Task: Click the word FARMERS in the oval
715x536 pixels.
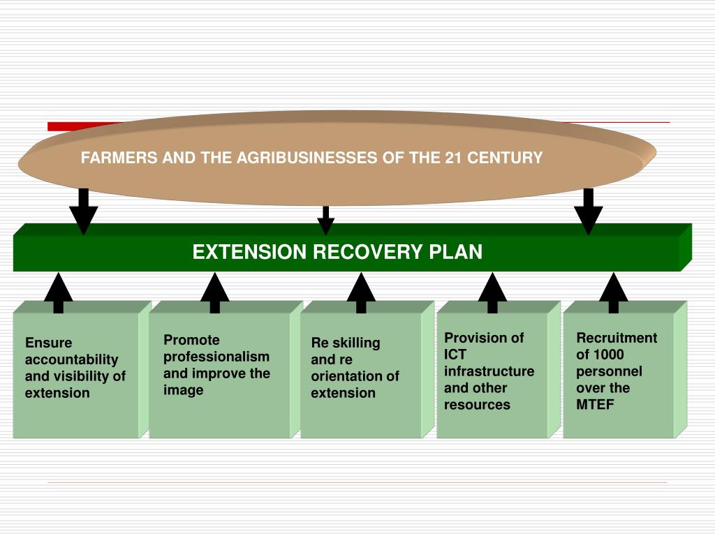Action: point(119,158)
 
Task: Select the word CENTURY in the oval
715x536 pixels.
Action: point(505,158)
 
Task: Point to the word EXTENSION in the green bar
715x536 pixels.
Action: point(249,252)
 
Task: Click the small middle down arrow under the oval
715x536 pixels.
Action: point(325,221)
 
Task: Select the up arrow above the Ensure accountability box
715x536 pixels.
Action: point(59,293)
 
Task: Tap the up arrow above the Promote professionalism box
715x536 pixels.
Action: point(215,293)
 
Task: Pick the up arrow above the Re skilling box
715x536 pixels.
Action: point(361,293)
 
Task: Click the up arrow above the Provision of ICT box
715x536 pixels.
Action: point(492,293)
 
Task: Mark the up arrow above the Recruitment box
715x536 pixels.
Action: point(614,293)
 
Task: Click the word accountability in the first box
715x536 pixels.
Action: point(72,359)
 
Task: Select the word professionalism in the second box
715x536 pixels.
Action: point(216,357)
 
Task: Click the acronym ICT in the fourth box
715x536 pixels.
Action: point(455,355)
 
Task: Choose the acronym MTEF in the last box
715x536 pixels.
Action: point(595,405)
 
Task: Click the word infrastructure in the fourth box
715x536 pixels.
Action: point(489,371)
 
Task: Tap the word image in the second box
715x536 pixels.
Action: point(184,391)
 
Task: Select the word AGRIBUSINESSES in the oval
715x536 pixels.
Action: point(307,158)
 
